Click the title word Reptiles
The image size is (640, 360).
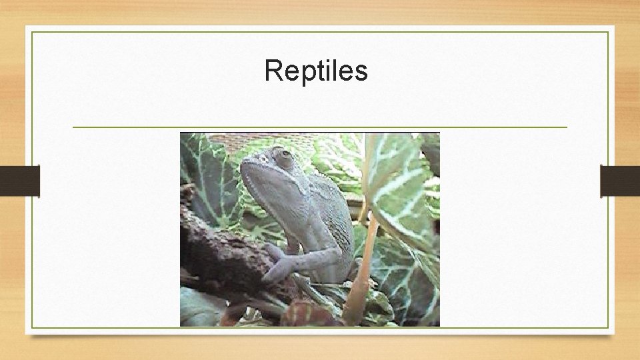316,71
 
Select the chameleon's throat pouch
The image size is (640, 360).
273,200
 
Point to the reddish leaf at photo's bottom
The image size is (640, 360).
307,313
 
